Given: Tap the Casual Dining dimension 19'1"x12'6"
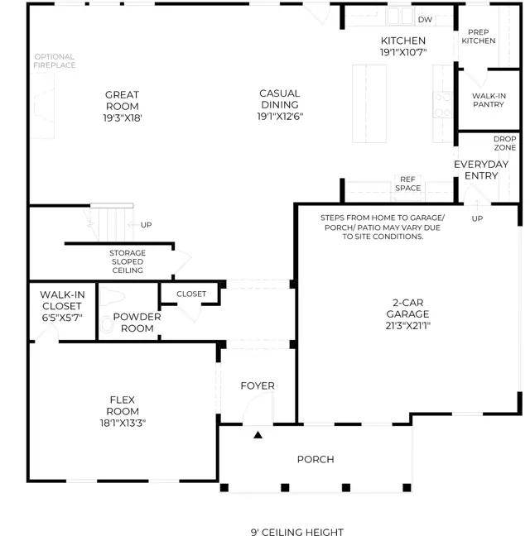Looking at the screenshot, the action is tap(280, 117).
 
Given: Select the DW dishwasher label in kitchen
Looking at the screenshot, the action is tap(425, 20).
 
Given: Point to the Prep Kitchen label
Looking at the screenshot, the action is tap(479, 36).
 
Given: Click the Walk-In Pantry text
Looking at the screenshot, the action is tap(489, 100).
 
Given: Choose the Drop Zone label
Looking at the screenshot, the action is tap(504, 143).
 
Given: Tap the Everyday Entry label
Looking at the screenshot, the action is tap(481, 170).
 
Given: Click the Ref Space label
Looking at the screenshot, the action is tap(407, 184).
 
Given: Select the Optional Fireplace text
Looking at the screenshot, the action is tap(55, 61).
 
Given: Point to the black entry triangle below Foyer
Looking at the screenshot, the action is tap(258, 435).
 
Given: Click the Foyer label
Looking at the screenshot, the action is tap(258, 386).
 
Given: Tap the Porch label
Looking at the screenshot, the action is tap(316, 459).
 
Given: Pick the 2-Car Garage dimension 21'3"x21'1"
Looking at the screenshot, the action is tap(407, 326).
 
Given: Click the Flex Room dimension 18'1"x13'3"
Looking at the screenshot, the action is tap(123, 424).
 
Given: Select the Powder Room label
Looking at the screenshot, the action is tap(137, 323).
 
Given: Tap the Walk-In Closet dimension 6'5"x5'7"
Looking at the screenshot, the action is tap(62, 318).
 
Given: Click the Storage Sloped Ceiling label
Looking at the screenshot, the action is tap(128, 261).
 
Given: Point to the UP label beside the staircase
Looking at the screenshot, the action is tap(146, 225).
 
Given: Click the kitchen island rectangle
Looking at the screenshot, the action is tap(369, 103).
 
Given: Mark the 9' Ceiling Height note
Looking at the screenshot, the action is tap(297, 532).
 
